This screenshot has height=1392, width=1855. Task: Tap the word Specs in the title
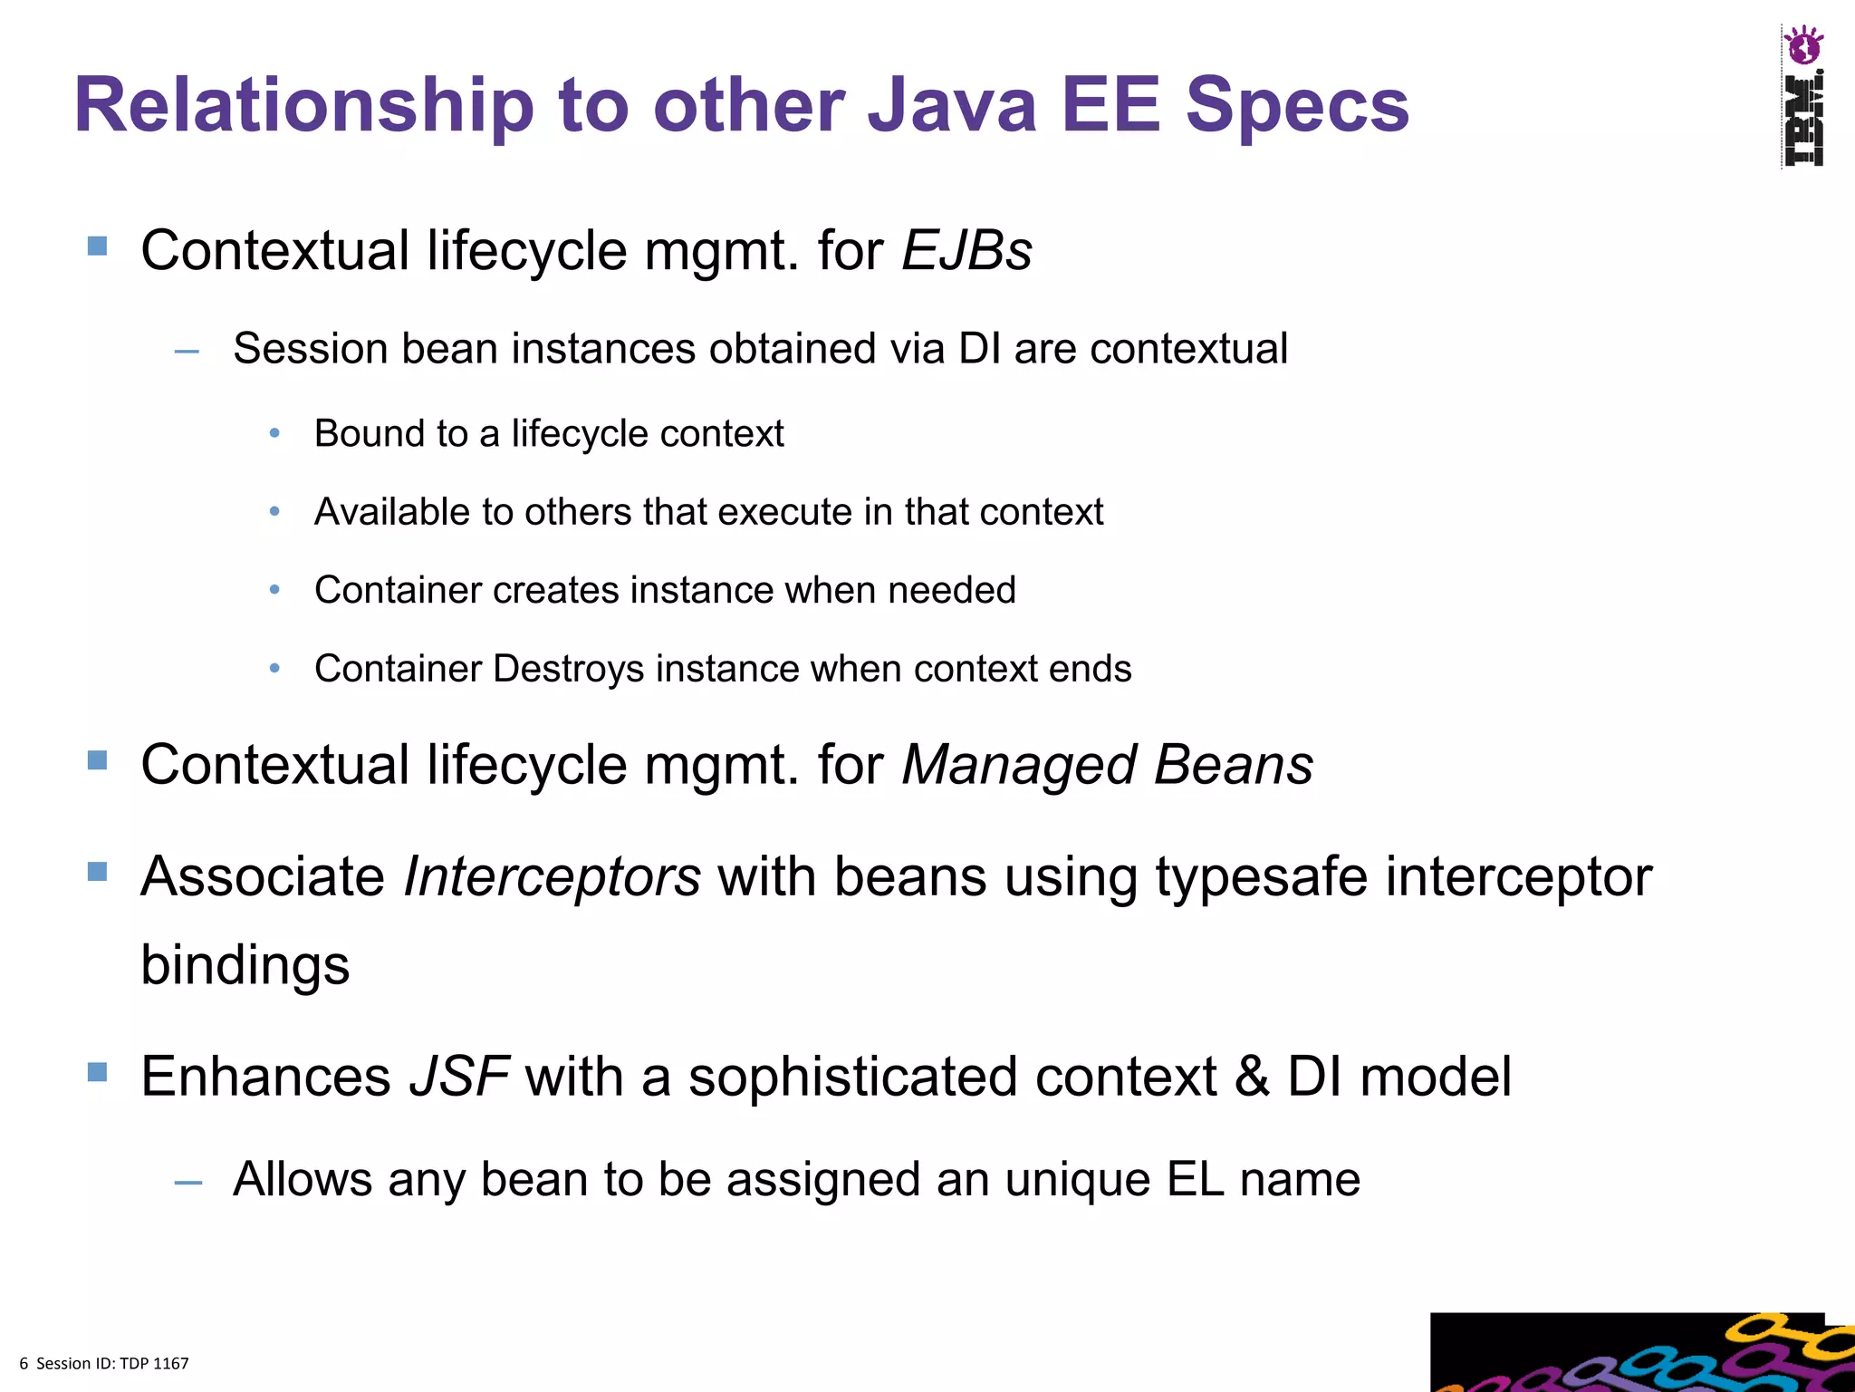1297,106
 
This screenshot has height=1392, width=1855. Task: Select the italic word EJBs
966,250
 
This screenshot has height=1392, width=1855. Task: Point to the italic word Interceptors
552,876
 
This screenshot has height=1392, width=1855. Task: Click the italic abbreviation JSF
459,1077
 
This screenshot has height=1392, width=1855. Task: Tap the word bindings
245,964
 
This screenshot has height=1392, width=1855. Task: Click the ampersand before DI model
1251,1077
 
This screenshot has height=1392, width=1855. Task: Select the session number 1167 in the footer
171,1363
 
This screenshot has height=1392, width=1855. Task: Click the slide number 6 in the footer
24,1363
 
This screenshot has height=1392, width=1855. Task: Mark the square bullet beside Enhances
97,1073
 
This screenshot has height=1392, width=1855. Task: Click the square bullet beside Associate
97,872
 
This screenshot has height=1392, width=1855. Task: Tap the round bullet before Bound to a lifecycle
274,434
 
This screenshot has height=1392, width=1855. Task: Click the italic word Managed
1018,765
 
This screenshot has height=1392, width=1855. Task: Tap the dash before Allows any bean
187,1182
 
